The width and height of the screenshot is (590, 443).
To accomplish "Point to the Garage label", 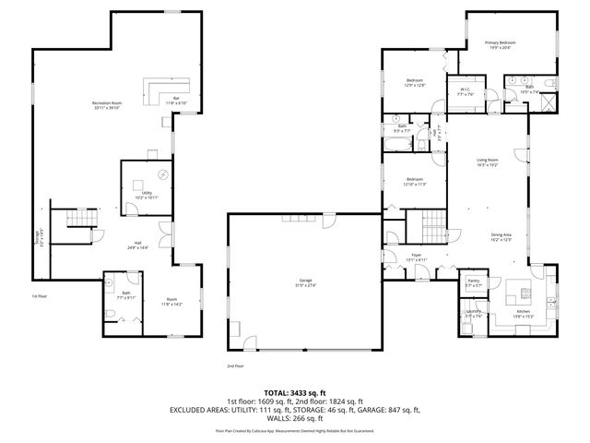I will (x=305, y=283).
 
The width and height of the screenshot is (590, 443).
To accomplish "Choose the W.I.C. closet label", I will (x=464, y=91).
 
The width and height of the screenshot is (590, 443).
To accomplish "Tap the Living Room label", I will (x=487, y=162).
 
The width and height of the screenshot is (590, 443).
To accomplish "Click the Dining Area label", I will (x=502, y=236).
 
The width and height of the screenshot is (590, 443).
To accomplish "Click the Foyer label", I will (x=416, y=258).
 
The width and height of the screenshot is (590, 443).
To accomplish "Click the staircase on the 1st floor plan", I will (x=80, y=220).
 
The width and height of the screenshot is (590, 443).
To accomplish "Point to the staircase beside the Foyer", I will (x=429, y=222).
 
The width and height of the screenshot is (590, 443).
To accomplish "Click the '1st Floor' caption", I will (x=40, y=296).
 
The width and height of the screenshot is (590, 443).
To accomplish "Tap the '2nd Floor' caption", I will (x=235, y=365).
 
